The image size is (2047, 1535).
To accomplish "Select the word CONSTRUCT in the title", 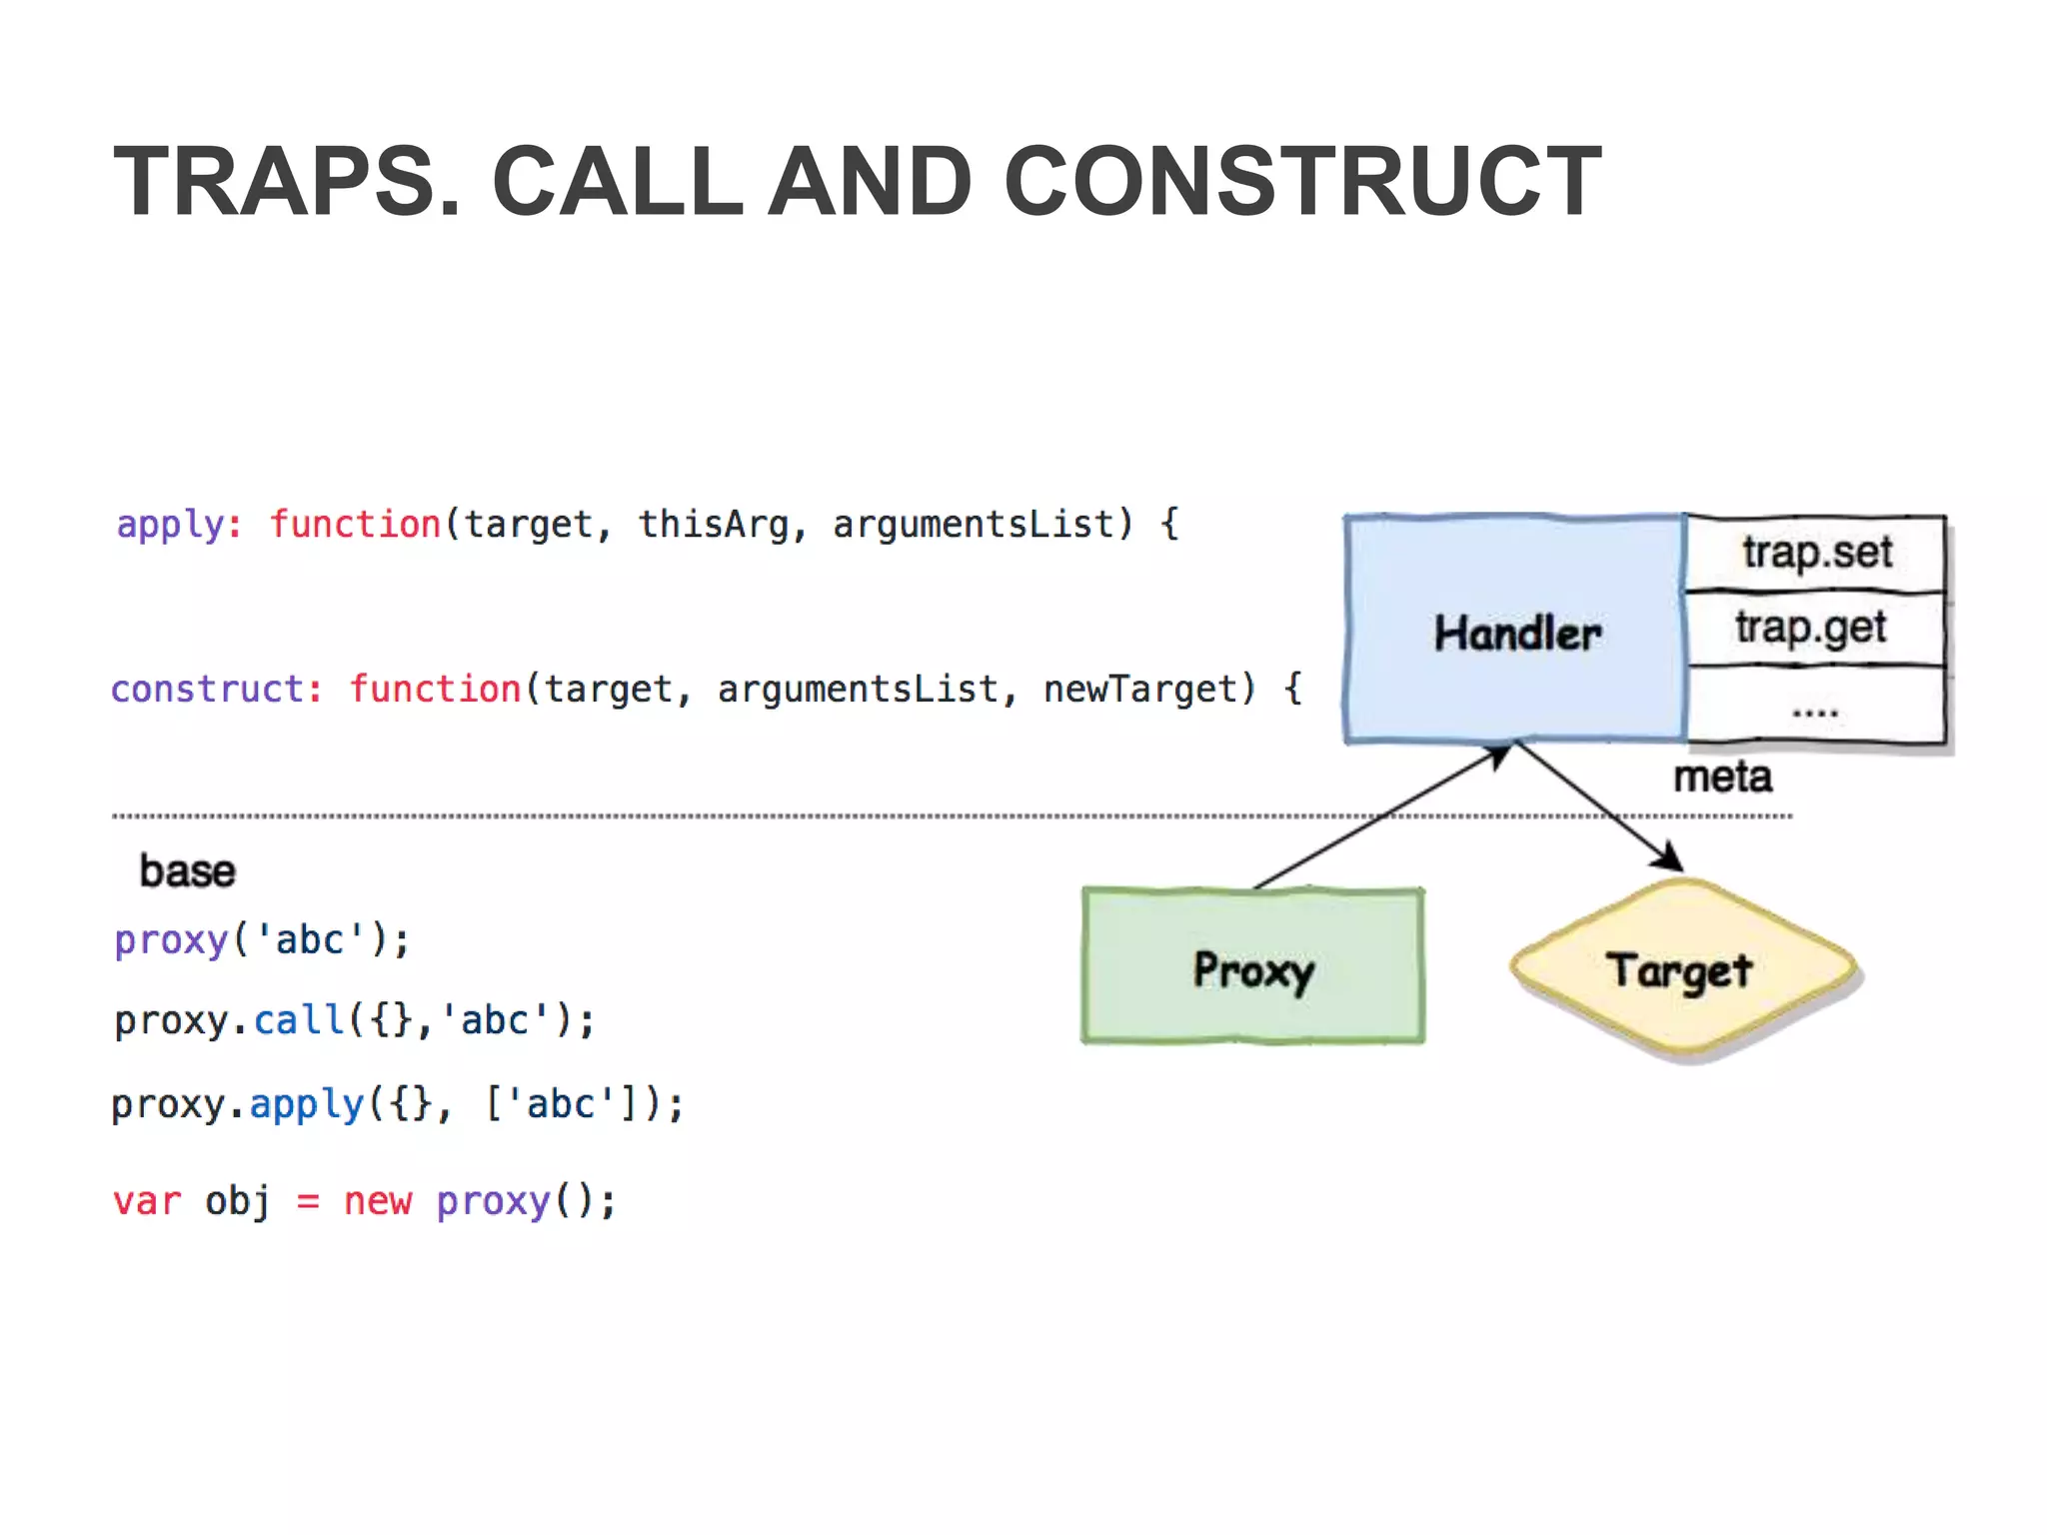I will (1301, 182).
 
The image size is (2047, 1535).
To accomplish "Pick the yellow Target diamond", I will (1681, 969).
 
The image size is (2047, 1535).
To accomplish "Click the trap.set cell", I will (1816, 553).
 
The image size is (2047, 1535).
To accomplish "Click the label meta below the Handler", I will (1722, 777).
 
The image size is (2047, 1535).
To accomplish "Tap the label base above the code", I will (187, 871).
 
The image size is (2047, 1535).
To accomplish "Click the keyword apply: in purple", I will (179, 525).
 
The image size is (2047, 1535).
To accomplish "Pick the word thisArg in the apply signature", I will (713, 525).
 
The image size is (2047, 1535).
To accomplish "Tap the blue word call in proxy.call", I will (298, 1021).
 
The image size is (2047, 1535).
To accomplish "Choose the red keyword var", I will (147, 1201).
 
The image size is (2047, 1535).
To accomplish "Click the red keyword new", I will (377, 1201).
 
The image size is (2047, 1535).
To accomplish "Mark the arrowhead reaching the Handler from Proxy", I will (1497, 756).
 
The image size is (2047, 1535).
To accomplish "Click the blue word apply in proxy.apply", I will (306, 1105).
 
